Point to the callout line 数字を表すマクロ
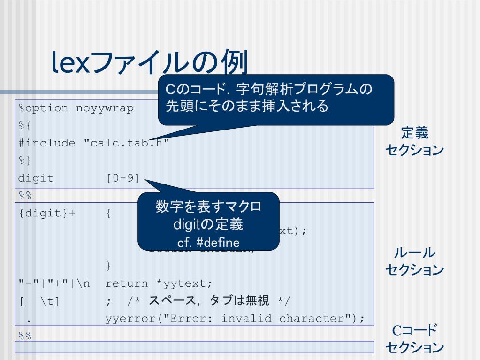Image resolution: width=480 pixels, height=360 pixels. (208, 208)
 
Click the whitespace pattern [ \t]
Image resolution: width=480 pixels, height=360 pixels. (39, 301)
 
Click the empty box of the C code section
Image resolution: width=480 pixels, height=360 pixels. (195, 348)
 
